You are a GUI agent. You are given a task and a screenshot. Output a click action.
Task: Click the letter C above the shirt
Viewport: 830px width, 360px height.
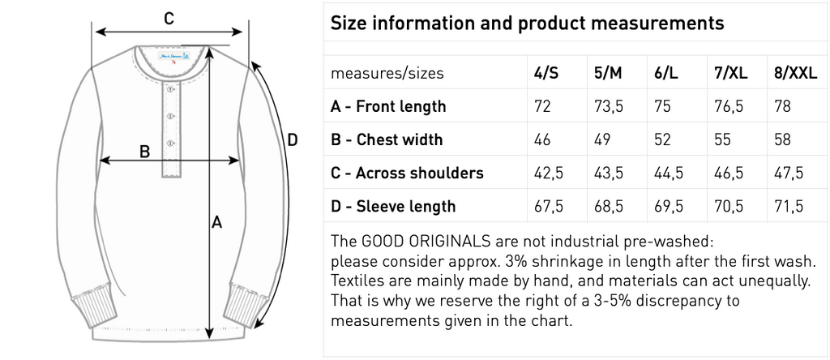[x=169, y=19]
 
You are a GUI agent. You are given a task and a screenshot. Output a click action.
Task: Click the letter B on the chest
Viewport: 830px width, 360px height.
[x=144, y=152]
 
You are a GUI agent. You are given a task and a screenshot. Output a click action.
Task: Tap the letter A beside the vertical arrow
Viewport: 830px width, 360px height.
[x=216, y=223]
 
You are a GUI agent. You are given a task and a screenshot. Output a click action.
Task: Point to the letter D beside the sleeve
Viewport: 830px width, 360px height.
[x=292, y=140]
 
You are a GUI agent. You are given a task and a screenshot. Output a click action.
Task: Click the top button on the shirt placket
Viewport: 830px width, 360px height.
[x=170, y=90]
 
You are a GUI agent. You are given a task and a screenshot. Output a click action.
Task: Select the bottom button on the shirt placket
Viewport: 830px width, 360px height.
[x=170, y=143]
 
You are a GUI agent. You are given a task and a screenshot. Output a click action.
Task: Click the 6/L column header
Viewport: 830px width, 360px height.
[x=662, y=73]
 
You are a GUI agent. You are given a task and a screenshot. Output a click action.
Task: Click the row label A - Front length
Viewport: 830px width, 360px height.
[x=388, y=106]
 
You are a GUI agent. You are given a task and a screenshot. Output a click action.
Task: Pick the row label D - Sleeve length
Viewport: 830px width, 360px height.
[x=393, y=206]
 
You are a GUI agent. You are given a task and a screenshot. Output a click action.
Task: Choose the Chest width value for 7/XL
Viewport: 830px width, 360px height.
[x=722, y=139]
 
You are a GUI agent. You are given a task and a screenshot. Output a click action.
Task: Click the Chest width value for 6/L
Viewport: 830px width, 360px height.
[x=662, y=139]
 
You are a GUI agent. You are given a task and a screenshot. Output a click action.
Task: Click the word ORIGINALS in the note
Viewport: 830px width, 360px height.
[x=449, y=242]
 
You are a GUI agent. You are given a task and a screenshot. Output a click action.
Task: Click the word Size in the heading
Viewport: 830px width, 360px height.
[x=349, y=24]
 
